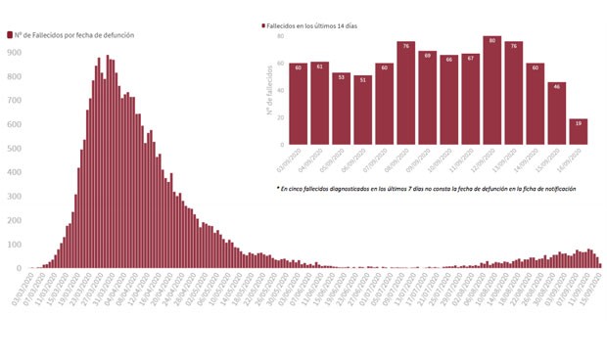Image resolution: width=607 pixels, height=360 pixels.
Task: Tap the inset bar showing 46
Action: click(556, 112)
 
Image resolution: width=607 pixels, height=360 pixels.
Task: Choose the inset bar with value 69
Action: click(427, 97)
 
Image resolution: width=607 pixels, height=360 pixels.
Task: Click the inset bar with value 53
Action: click(341, 109)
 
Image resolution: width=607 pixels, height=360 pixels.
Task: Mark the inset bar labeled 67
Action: click(470, 99)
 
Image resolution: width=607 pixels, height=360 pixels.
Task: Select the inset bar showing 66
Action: click(448, 99)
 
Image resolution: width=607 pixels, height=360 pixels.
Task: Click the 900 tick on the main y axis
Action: click(15, 51)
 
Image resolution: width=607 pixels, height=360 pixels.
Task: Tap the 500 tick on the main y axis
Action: click(15, 147)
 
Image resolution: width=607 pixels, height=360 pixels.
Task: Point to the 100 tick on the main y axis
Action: click(15, 244)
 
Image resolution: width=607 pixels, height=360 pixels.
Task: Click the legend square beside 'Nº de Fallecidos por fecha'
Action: click(10, 34)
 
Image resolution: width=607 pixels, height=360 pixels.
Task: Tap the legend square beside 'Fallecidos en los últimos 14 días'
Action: click(264, 25)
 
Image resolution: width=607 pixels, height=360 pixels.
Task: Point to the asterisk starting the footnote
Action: click(279, 187)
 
